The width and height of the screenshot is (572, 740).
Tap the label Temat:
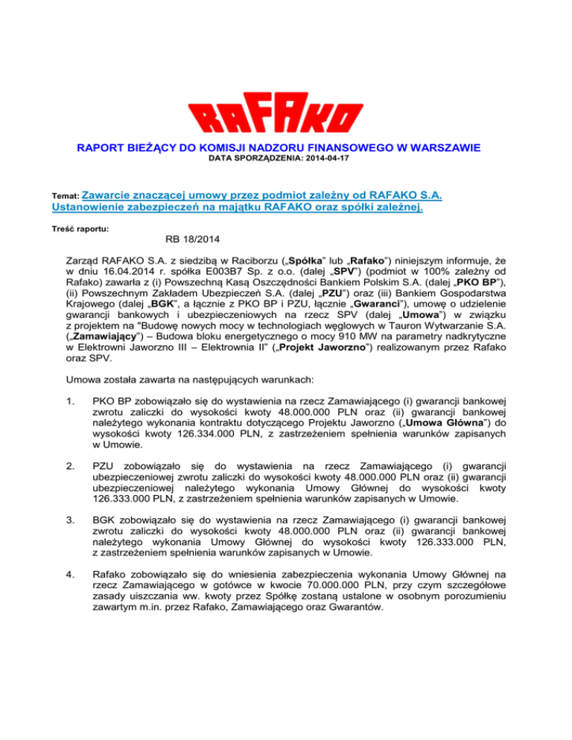[x=62, y=197]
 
